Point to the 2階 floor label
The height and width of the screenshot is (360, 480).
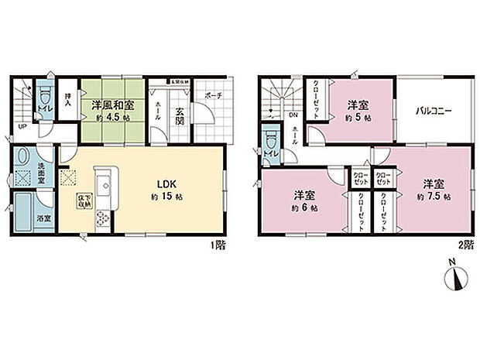(465, 245)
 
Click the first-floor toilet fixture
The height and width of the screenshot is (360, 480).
(45, 98)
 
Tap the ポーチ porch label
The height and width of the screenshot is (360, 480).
(213, 97)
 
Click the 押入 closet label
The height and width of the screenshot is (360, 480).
(68, 99)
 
